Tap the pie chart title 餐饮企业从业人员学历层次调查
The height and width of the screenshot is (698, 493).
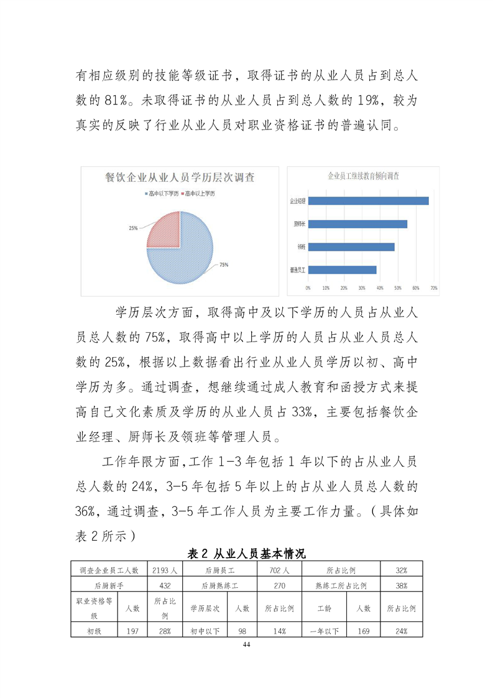180,177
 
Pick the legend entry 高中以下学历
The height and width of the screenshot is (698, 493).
162,194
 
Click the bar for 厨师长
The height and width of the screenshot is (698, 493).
357,224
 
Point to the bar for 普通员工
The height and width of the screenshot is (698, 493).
343,270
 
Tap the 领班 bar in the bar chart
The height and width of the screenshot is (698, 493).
351,247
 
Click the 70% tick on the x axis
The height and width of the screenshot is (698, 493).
434,288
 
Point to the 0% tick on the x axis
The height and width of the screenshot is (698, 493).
308,288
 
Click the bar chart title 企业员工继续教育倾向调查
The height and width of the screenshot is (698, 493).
364,176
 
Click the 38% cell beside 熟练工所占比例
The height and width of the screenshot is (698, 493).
401,585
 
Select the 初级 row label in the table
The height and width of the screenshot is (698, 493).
94,631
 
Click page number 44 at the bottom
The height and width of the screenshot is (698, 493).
247,644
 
